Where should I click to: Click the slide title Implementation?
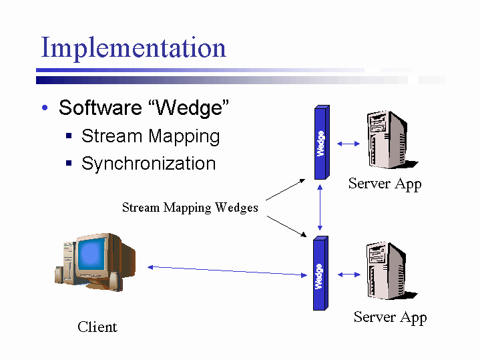click(134, 48)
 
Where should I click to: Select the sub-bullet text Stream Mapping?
click(150, 136)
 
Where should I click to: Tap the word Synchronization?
click(148, 164)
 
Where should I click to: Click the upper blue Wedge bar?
click(321, 143)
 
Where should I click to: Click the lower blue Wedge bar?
click(320, 274)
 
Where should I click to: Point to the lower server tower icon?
click(387, 271)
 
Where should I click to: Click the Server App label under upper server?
click(385, 184)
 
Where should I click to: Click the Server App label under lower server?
click(390, 317)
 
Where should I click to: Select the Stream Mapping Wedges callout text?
click(190, 208)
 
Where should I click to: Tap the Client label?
click(97, 327)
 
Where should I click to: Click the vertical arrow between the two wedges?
click(321, 208)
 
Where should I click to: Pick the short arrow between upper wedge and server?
click(347, 143)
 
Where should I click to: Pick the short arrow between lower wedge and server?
click(348, 274)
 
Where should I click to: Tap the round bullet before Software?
click(44, 109)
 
